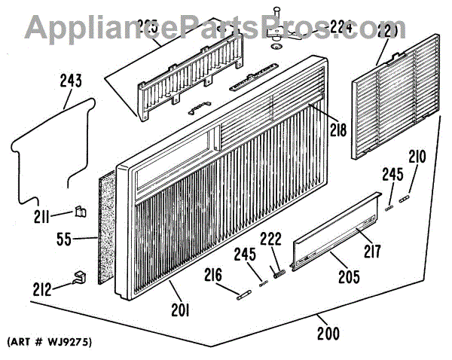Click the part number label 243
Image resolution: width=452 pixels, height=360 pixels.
pos(71,81)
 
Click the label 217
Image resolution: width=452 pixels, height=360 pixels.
pos(372,251)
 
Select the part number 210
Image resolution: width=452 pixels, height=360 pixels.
pos(417,158)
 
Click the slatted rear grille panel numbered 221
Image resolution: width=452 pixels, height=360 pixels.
pos(395,98)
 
